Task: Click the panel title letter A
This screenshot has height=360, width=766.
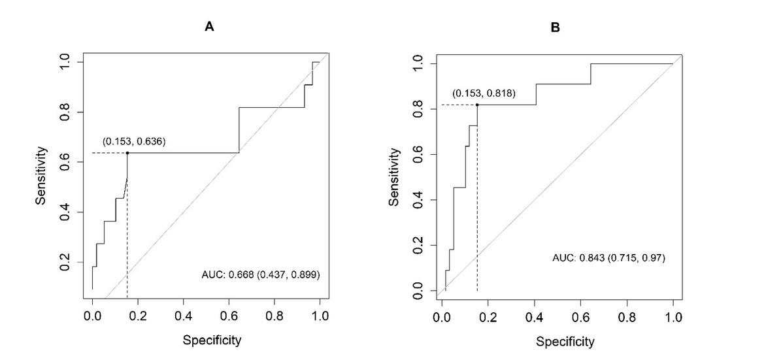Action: pyautogui.click(x=210, y=27)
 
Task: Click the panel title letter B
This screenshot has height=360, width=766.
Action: pyautogui.click(x=556, y=27)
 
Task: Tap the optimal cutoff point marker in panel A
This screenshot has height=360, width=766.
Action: pyautogui.click(x=127, y=153)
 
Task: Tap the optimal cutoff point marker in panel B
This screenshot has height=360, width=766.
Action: pyautogui.click(x=477, y=105)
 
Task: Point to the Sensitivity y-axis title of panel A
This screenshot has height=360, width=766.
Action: pyautogui.click(x=41, y=176)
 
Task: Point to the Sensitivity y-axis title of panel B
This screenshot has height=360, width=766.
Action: pyautogui.click(x=394, y=177)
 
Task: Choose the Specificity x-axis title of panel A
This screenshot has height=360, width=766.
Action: pyautogui.click(x=212, y=340)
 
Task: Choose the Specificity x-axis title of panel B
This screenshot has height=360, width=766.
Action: pyautogui.click(x=565, y=341)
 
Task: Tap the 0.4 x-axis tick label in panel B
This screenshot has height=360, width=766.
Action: pyautogui.click(x=534, y=318)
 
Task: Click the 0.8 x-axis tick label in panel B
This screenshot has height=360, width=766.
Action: pyautogui.click(x=627, y=318)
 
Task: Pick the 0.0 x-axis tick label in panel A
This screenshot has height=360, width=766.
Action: pyautogui.click(x=92, y=317)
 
